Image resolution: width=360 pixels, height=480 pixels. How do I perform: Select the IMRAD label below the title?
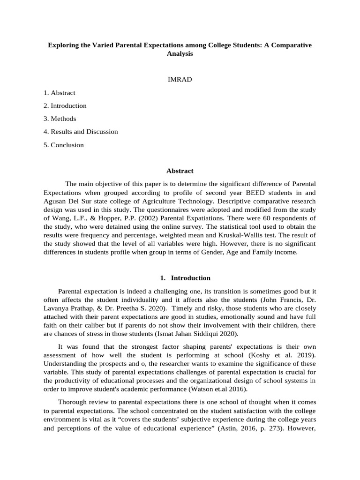point(180,80)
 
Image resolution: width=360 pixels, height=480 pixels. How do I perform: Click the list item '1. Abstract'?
point(60,93)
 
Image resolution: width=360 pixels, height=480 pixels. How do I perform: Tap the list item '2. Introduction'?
point(65,106)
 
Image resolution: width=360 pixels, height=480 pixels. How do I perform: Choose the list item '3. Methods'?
point(60,119)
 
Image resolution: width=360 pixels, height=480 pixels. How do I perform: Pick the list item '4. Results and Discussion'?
point(81,132)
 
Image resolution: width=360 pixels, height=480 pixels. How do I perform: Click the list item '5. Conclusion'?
point(64,145)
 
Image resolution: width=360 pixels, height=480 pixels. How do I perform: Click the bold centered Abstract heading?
point(180,171)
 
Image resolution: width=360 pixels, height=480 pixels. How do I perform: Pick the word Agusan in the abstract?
point(54,201)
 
